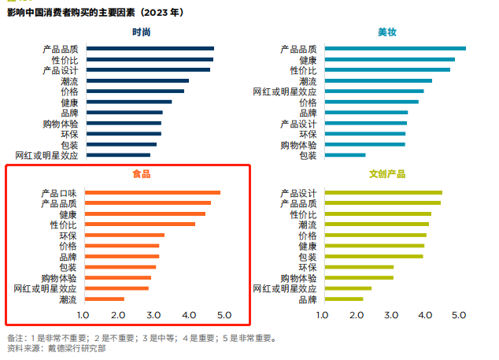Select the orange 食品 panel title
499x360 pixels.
point(142,174)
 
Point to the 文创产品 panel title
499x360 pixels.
point(386,174)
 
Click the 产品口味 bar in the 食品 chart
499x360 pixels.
point(152,193)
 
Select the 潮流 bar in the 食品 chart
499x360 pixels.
point(104,299)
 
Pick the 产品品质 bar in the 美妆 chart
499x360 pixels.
point(394,49)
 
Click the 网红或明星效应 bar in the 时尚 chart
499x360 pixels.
point(118,155)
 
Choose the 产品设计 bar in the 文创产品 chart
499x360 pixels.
point(382,193)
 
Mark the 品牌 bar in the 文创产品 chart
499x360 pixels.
point(342,299)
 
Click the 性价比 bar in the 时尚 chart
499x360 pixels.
point(150,59)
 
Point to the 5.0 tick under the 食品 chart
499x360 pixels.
point(223,316)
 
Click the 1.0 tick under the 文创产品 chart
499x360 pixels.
point(323,316)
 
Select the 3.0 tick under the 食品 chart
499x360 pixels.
point(154,316)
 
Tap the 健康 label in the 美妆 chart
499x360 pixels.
point(308,60)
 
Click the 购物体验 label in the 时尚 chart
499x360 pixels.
point(61,124)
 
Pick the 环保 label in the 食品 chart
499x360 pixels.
point(68,236)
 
